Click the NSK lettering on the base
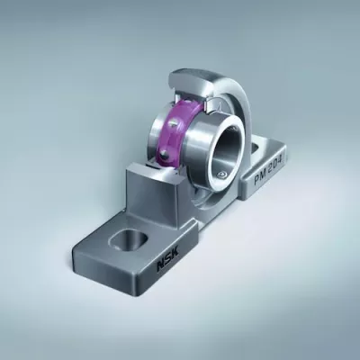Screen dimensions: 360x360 click(x=166, y=261)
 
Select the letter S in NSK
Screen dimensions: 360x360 click(x=166, y=261)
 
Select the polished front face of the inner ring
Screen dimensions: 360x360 click(x=210, y=153)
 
